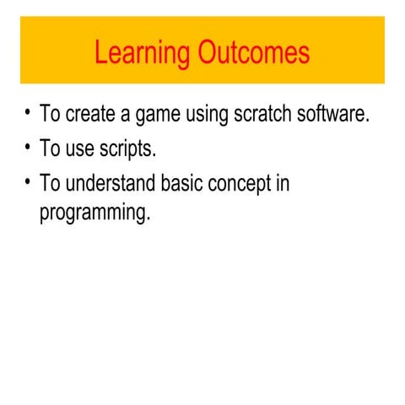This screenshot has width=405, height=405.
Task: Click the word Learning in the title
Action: (x=143, y=54)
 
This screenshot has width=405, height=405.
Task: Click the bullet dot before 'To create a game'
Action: (x=28, y=113)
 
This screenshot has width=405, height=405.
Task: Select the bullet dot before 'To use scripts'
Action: (x=28, y=148)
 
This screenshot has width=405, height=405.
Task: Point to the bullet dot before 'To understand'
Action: (x=28, y=182)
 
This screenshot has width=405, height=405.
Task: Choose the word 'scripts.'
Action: (x=130, y=150)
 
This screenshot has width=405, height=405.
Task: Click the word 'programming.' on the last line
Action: (x=94, y=213)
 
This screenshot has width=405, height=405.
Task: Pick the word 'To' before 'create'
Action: (x=50, y=115)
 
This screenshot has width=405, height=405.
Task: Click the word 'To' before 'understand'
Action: (x=50, y=184)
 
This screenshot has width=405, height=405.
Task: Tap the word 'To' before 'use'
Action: (x=50, y=149)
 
